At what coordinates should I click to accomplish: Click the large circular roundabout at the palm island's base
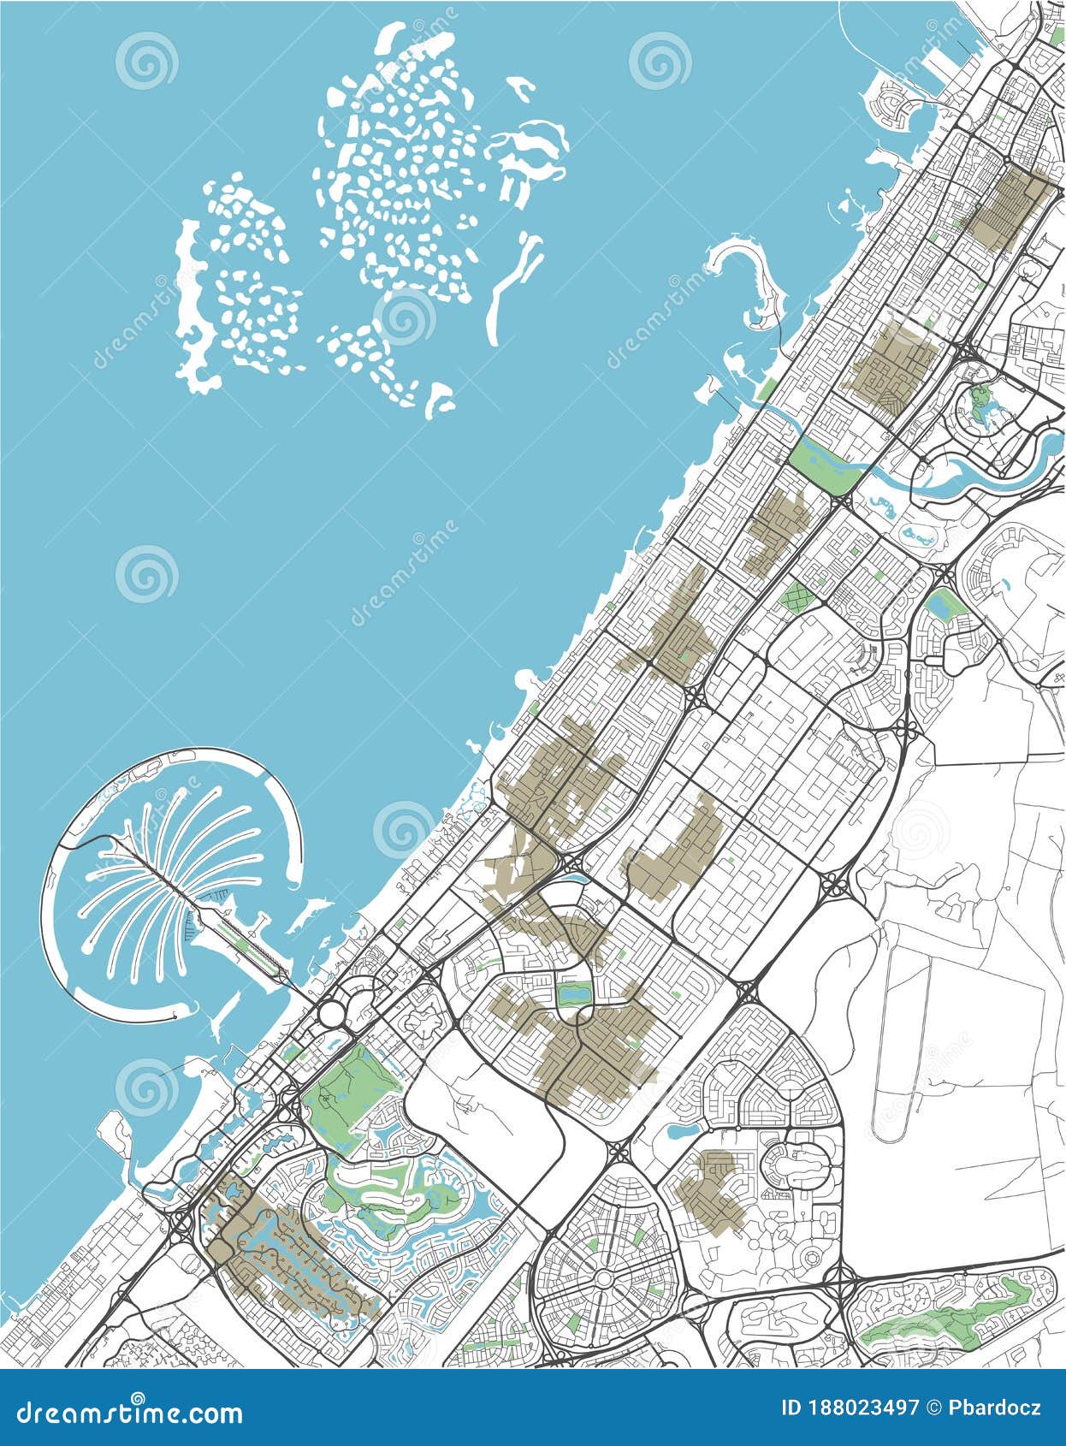coord(331,1014)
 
